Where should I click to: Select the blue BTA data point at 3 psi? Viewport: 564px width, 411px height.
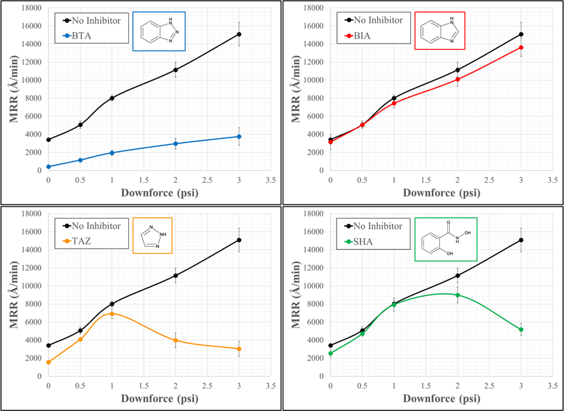click(x=239, y=136)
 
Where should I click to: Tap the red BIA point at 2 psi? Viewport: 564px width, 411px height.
click(x=457, y=79)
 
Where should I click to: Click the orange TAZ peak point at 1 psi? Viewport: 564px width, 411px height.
click(x=112, y=314)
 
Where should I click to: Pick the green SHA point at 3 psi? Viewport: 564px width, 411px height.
click(x=521, y=329)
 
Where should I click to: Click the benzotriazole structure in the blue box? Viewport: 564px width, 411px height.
click(x=159, y=31)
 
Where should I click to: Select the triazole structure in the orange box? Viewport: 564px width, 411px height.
click(x=153, y=236)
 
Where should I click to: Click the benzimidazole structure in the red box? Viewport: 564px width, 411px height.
click(x=439, y=31)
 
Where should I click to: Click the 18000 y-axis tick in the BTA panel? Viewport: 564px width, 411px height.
click(x=32, y=8)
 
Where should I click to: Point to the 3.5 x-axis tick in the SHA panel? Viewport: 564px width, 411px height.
click(x=552, y=386)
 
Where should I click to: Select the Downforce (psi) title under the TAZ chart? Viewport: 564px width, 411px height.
click(x=159, y=398)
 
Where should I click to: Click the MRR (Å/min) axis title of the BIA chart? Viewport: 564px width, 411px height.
click(x=296, y=89)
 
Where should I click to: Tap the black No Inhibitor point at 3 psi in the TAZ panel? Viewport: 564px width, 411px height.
click(x=239, y=240)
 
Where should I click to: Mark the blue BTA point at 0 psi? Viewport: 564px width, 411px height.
click(x=48, y=167)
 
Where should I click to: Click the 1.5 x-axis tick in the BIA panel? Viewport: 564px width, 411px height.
click(x=426, y=180)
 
